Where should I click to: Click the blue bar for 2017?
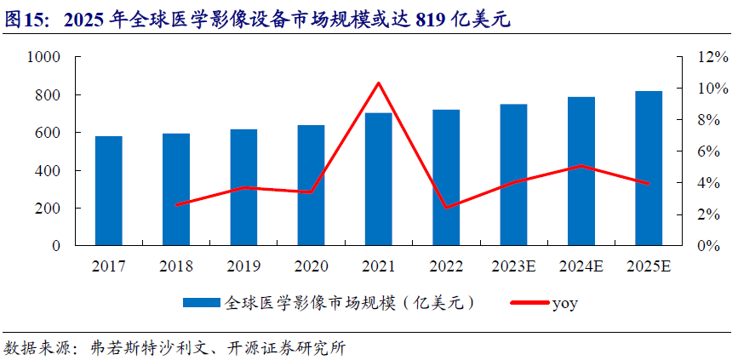109,191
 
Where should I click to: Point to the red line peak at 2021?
379,83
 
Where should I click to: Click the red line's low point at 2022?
446,207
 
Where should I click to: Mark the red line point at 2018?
176,205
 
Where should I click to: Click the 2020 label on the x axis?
311,266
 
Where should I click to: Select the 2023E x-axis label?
513,266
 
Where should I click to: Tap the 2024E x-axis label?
581,266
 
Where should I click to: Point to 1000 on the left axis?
43,57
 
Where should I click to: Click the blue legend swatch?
201,303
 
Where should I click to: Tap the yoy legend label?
565,303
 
